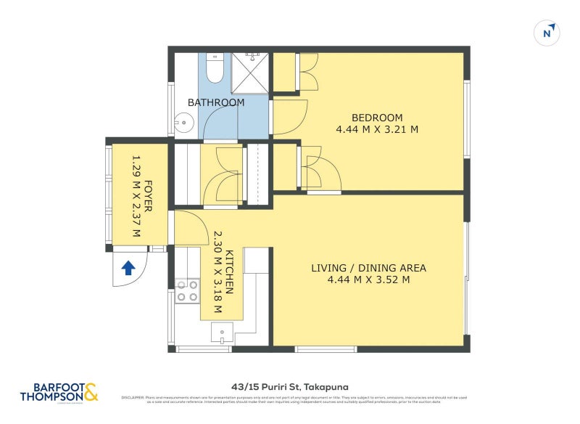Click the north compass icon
pos(547,32)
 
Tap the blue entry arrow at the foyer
pos(128,268)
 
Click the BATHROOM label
pos(216,102)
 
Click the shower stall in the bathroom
pos(251,73)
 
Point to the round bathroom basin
pos(184,123)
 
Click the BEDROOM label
pos(377,118)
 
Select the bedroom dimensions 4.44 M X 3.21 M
pos(377,130)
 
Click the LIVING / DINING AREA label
pos(368,268)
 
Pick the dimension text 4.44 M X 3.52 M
pos(368,280)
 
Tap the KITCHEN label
pos(229,272)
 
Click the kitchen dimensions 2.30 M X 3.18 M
pos(216,272)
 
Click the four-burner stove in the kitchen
pos(187,291)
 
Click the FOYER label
pos(148,195)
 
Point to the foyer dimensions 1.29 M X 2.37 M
pos(135,195)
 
